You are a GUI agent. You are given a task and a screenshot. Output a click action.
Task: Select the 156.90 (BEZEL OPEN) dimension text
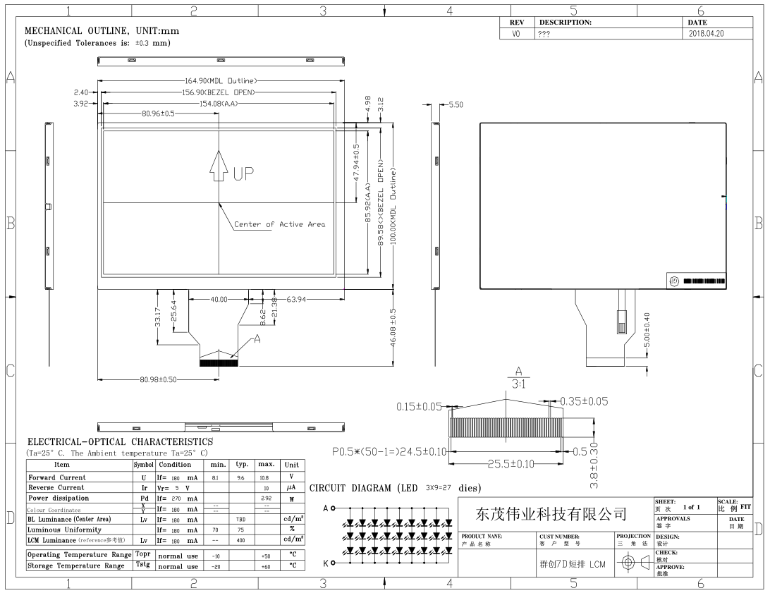tap(218, 92)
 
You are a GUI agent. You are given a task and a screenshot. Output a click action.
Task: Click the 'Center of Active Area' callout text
tap(280, 224)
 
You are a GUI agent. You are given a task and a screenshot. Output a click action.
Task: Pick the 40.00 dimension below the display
tap(219, 299)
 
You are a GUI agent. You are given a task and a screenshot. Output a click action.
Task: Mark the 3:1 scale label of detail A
tap(518, 383)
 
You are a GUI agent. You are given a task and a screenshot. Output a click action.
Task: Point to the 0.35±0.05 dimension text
tap(583, 402)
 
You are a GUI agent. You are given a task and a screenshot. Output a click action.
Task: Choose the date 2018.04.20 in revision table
tap(706, 33)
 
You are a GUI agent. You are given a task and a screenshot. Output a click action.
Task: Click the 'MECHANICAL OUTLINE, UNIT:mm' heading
tap(102, 31)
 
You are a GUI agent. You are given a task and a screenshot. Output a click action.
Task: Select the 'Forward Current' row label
tap(57, 477)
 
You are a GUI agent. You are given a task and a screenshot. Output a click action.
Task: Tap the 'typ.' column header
tap(242, 465)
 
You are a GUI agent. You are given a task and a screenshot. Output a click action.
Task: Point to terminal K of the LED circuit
tap(326, 562)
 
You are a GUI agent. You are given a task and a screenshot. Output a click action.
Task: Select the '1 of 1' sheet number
tap(692, 507)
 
